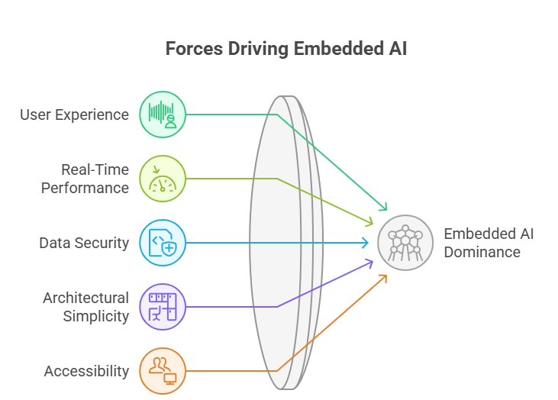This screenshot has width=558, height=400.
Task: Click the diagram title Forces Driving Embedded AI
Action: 286,50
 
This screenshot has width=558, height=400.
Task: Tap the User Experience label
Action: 75,115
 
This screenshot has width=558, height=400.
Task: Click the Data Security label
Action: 84,243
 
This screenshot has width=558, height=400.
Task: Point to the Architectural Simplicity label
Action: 85,306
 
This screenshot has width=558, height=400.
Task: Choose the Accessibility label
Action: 86,371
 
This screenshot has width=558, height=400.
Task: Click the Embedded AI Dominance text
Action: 489,243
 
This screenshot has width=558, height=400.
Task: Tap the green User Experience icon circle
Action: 163,115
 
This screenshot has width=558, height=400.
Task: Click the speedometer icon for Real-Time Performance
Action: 163,179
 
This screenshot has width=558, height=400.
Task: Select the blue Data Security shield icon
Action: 163,243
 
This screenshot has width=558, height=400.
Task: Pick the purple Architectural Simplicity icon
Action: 163,307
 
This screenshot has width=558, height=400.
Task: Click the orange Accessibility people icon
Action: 163,371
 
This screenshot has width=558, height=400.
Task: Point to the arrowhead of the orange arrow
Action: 384,276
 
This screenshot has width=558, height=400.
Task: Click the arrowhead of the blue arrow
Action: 366,243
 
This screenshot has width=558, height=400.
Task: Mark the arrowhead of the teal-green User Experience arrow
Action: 384,208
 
